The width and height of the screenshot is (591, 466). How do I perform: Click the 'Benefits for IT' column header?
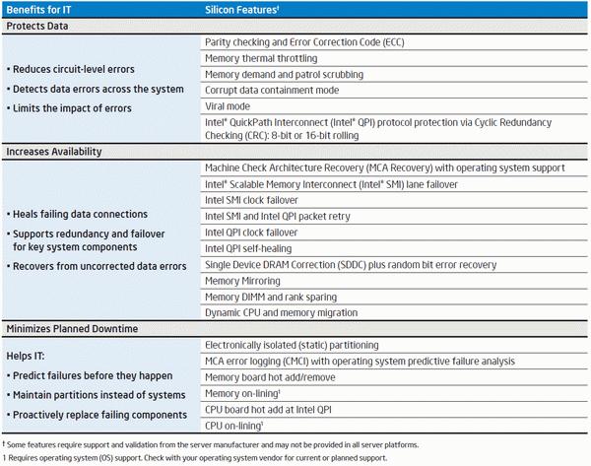click(38, 10)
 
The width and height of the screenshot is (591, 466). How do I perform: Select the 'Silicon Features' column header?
click(241, 10)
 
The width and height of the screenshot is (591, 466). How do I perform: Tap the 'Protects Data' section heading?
click(37, 26)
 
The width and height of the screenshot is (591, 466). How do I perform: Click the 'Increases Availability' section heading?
click(54, 152)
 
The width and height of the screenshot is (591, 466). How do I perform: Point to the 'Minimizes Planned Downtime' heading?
click(72, 329)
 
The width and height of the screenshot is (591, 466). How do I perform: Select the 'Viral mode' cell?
click(228, 106)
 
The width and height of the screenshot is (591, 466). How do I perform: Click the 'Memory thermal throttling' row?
click(261, 58)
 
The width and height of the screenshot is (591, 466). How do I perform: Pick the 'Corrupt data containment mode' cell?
click(272, 90)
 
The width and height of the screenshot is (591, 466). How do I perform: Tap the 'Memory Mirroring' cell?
click(242, 281)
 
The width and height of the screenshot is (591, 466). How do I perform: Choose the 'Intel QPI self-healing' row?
click(248, 249)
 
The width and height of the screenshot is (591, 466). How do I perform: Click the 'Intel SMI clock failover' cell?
click(251, 200)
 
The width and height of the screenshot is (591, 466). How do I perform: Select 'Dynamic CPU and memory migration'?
click(281, 312)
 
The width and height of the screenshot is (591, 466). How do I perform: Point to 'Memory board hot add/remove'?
click(270, 377)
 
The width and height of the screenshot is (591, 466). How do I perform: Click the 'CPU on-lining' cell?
click(233, 426)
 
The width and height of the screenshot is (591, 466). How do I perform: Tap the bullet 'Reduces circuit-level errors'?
click(71, 69)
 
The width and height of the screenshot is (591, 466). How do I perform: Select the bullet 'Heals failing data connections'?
click(77, 214)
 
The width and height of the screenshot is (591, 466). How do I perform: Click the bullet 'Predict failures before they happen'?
click(90, 376)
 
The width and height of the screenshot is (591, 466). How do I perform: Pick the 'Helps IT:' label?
click(26, 356)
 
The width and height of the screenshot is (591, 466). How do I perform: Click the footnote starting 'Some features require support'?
click(211, 445)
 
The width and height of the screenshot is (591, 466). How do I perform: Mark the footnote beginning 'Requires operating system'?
click(195, 458)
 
